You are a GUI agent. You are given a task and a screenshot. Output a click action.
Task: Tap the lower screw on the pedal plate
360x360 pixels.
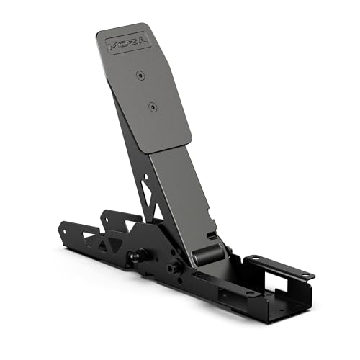coord(152,106)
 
